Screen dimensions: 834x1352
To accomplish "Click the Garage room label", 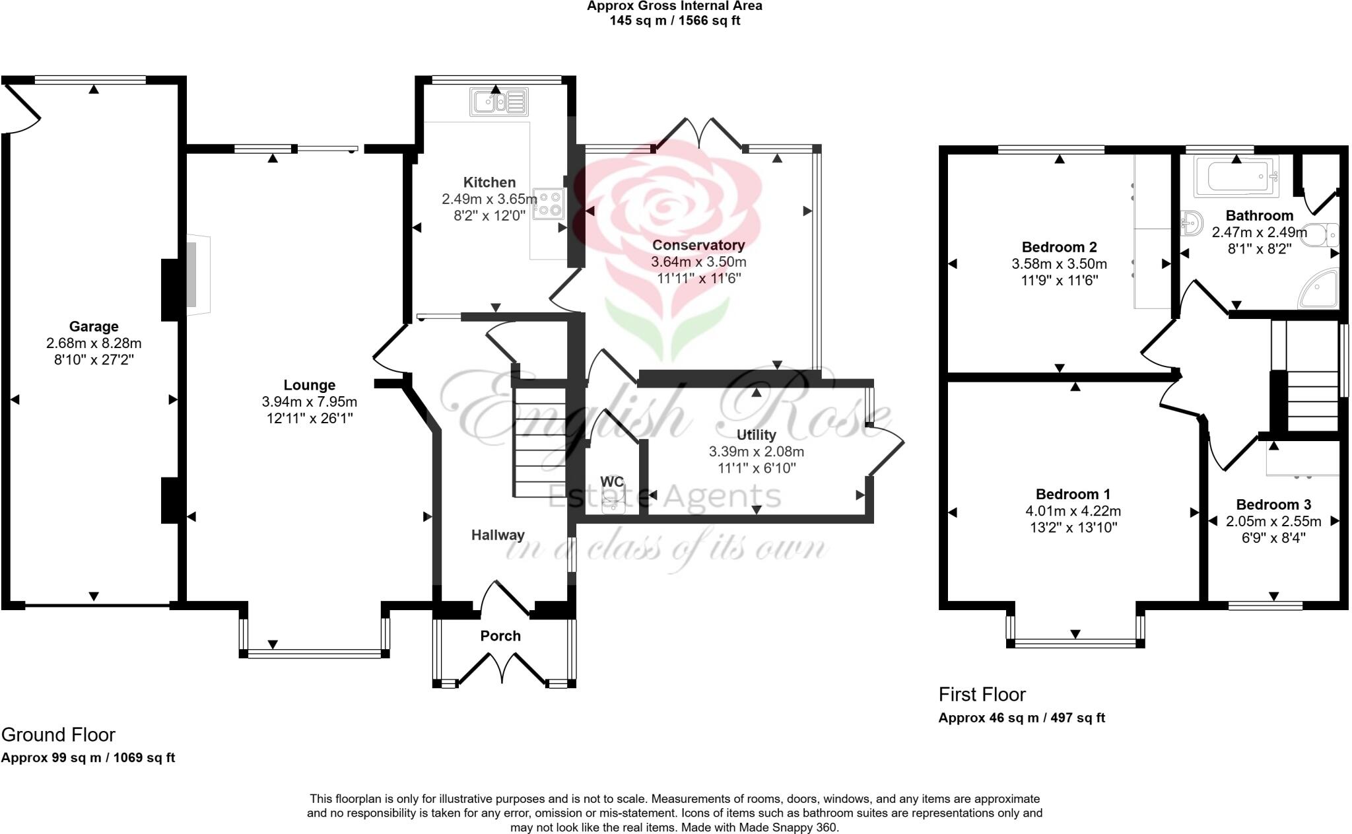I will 94,326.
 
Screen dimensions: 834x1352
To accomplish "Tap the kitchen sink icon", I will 499,102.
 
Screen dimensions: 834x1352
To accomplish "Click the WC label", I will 612,482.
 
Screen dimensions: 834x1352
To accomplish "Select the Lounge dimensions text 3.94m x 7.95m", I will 309,401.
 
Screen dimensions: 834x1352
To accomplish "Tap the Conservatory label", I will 698,245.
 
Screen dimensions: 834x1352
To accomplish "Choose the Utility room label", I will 756,434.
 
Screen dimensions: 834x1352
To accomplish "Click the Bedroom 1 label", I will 1073,494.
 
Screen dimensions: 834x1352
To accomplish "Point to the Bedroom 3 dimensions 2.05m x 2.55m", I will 1273,521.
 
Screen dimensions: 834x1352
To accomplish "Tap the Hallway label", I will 498,535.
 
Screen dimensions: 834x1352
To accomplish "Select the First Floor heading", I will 982,694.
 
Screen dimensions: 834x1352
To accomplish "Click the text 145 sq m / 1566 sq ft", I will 675,20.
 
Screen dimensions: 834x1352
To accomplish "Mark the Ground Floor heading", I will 58,734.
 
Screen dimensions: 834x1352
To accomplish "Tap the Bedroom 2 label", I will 1059,247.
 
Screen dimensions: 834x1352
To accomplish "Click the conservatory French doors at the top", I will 698,134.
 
